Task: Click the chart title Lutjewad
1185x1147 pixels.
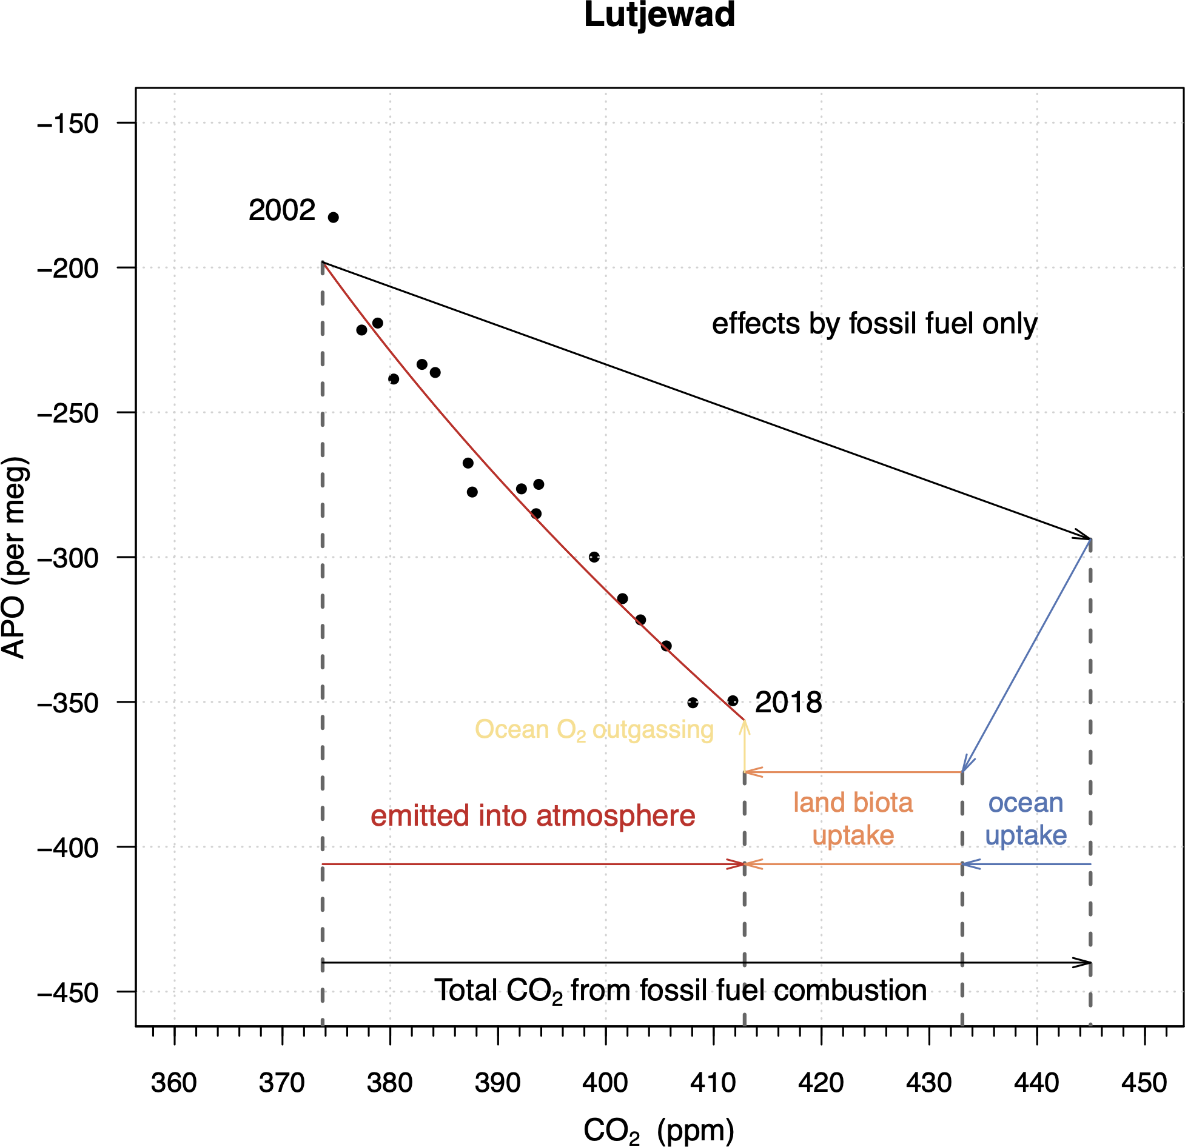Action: tap(659, 15)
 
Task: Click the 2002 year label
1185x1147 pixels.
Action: tap(282, 210)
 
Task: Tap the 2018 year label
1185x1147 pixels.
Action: tap(788, 703)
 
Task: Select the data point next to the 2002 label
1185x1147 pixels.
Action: tap(333, 217)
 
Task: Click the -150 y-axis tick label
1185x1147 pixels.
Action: tap(68, 124)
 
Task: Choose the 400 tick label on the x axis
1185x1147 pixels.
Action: tap(605, 1083)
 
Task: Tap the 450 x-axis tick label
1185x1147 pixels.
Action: tap(1144, 1083)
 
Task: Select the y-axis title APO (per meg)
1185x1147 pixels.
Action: tap(15, 557)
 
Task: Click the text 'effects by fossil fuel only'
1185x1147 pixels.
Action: tap(874, 324)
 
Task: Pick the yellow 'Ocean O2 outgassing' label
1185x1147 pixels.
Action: tap(594, 730)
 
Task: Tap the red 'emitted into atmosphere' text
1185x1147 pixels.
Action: tap(532, 816)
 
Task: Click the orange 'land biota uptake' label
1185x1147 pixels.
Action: tap(853, 819)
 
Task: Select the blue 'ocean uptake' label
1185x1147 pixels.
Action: tap(1026, 819)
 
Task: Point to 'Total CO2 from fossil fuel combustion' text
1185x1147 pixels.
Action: tap(680, 991)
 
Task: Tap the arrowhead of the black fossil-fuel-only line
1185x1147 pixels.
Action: tap(1086, 536)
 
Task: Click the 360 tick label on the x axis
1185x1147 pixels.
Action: tap(174, 1083)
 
